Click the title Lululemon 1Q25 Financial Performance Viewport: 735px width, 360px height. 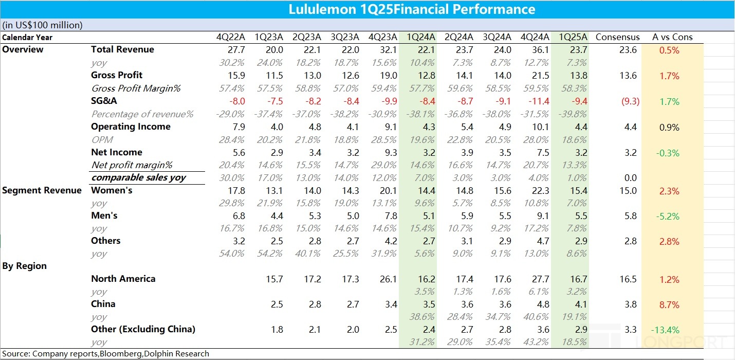click(x=412, y=9)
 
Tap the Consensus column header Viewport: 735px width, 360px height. click(x=617, y=37)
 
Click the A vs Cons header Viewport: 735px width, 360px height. click(x=672, y=37)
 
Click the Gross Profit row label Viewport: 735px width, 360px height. click(x=117, y=75)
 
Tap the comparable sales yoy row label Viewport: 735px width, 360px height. click(x=138, y=177)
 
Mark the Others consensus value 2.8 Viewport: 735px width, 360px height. click(x=631, y=241)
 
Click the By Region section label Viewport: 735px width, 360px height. click(x=25, y=266)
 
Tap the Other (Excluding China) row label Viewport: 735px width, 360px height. click(x=143, y=329)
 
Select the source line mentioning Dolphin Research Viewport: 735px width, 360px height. click(x=106, y=353)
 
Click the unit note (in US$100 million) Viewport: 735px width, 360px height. click(x=42, y=25)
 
